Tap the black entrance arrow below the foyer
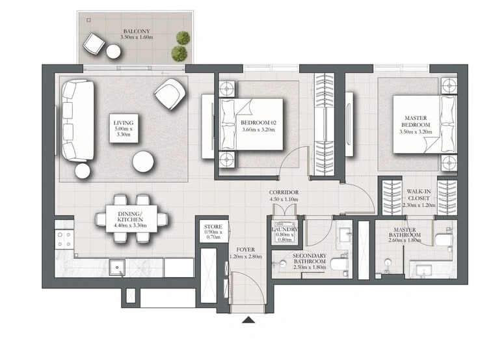pos(248,320)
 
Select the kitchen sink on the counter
pos(117,268)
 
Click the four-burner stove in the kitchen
pos(64,240)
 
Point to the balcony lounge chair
pos(94,44)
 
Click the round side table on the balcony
pos(113,51)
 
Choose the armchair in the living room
pos(170,94)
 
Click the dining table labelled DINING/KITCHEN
pos(131,219)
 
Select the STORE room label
pos(213,227)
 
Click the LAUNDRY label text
pos(284,229)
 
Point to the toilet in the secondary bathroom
pos(339,264)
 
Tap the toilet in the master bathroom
pos(444,240)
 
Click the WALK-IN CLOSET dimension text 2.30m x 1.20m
pos(419,205)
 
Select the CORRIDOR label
pos(284,193)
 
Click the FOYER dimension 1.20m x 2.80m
pos(245,256)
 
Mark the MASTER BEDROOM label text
pos(416,122)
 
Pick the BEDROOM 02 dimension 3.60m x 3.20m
pos(259,130)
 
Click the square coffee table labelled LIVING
pos(124,128)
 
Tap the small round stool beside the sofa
pos(83,171)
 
